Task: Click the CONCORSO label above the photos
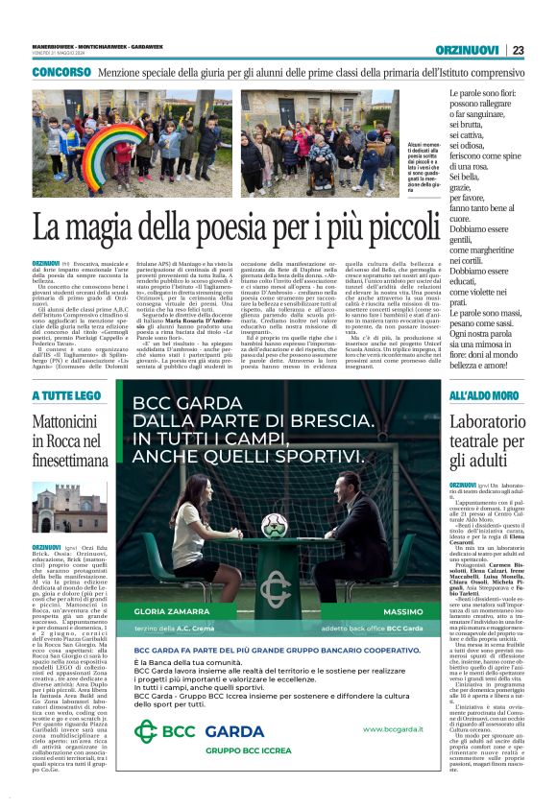pyautogui.click(x=61, y=73)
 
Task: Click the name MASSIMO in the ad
pyautogui.click(x=397, y=612)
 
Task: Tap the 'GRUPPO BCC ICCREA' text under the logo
pyautogui.click(x=221, y=752)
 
